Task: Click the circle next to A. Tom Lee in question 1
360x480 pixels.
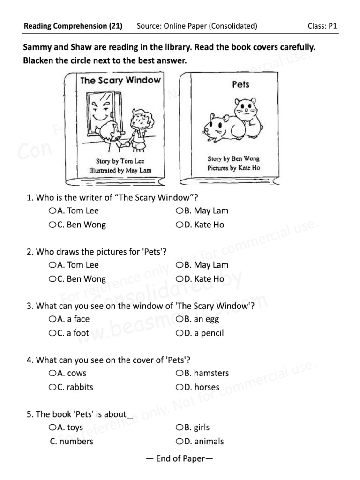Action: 52,211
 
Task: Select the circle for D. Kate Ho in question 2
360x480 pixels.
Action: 179,279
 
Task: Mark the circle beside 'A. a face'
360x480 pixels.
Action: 52,319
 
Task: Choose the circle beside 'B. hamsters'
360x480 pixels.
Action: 179,374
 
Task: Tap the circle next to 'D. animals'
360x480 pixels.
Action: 179,442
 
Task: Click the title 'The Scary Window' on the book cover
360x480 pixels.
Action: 120,80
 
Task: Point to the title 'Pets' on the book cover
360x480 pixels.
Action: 240,85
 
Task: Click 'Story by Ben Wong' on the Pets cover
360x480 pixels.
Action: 233,158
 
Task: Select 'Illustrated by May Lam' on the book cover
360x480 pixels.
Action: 120,171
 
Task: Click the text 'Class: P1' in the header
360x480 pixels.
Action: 322,26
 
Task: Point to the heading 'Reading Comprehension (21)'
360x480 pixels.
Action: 73,26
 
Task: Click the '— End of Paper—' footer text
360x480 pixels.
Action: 180,459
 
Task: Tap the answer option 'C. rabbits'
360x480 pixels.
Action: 75,387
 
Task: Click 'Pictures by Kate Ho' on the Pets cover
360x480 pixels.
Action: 233,168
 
